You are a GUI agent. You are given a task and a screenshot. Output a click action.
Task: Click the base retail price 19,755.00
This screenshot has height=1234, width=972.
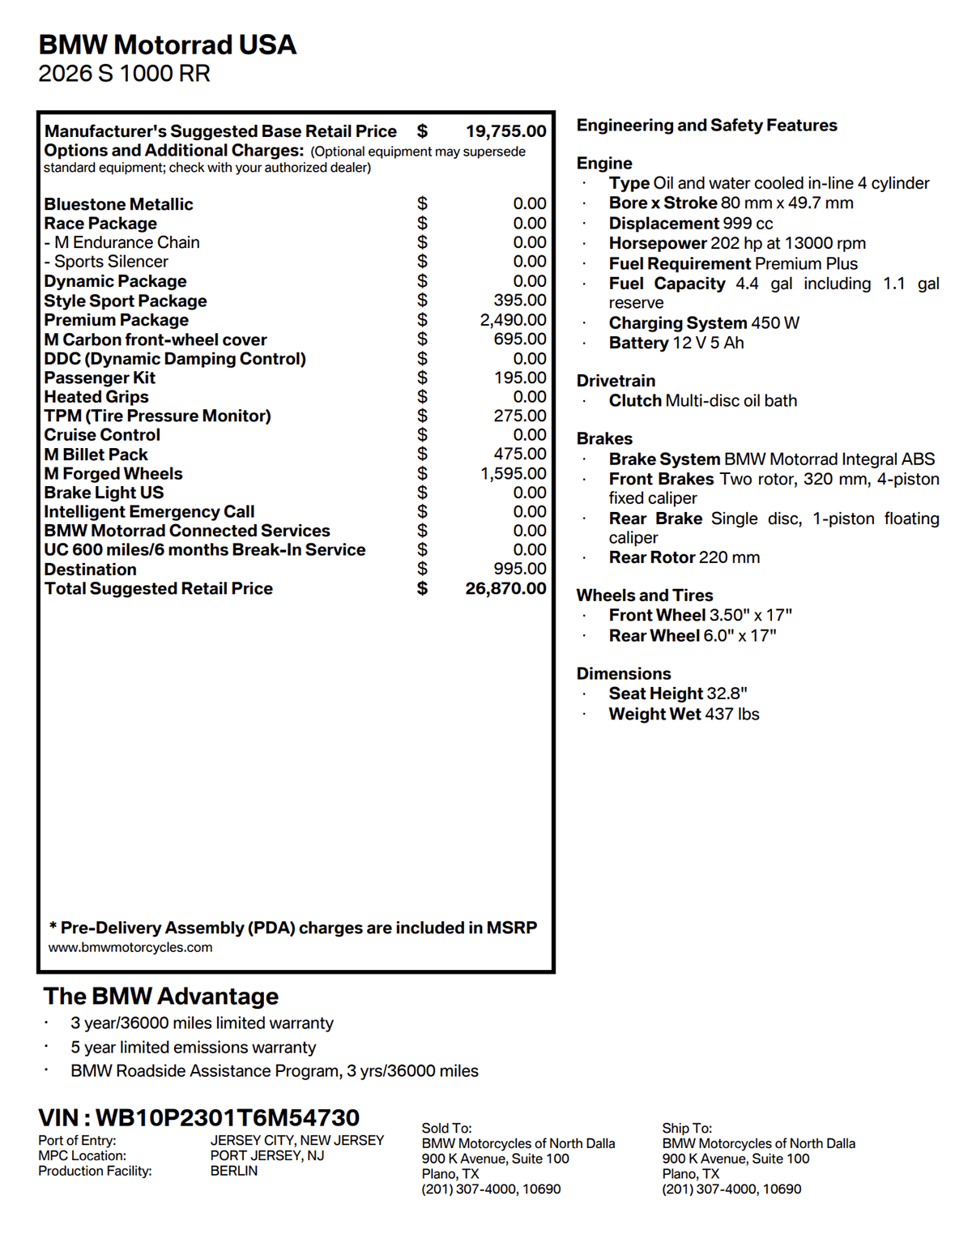(505, 131)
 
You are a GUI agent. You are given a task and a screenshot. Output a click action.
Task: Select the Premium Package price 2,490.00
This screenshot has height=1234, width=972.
(513, 320)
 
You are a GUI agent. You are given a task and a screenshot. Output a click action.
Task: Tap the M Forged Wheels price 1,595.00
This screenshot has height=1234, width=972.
(513, 473)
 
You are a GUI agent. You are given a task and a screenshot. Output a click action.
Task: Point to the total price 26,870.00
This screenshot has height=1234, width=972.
(505, 589)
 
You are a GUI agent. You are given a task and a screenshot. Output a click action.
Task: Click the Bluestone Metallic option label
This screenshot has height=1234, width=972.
(118, 204)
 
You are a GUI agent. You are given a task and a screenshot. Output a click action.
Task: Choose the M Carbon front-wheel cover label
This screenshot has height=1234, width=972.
(155, 339)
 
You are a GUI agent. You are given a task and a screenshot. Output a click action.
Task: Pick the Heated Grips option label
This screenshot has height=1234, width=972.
(96, 397)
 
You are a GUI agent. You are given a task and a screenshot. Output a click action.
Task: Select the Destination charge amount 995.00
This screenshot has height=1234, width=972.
(520, 569)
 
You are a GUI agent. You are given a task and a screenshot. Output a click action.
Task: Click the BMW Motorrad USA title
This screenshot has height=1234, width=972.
(168, 45)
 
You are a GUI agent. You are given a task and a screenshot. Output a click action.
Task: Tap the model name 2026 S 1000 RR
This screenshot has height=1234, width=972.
(124, 74)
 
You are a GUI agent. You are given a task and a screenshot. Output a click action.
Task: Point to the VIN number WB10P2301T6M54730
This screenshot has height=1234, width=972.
(228, 1117)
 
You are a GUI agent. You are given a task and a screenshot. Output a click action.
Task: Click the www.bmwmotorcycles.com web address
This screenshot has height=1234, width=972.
(130, 947)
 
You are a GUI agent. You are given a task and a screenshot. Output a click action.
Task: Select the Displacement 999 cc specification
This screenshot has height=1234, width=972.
(691, 224)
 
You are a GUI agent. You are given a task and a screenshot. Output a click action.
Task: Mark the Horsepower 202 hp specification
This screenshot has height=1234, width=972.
(737, 243)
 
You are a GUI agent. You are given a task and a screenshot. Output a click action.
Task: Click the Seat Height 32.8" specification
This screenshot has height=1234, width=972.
(678, 694)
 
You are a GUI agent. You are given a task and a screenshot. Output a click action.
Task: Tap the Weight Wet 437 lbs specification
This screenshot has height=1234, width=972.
(684, 714)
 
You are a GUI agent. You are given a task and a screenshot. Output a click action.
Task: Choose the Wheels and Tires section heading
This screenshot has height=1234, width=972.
(645, 596)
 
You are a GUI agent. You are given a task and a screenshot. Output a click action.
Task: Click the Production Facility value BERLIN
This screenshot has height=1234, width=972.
(234, 1171)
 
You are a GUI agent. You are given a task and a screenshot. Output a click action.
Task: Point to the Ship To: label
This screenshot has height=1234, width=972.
(687, 1128)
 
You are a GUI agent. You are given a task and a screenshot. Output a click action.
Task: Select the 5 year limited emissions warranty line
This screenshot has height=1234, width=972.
(193, 1048)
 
